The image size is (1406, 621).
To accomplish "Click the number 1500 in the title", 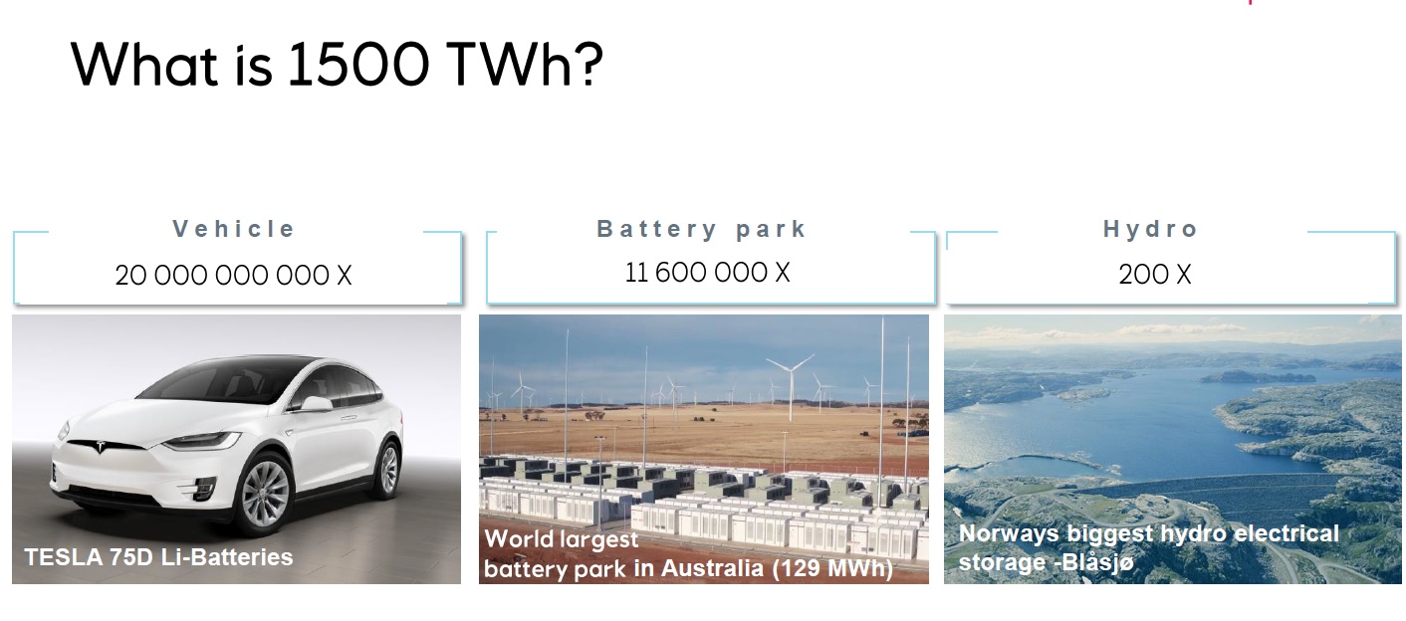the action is click(x=358, y=64).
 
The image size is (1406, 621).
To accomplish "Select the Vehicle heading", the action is click(x=234, y=229).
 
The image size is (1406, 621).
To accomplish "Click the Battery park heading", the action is click(x=701, y=230).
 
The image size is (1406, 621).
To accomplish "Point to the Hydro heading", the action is click(x=1150, y=229).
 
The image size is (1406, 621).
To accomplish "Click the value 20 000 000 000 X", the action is click(x=233, y=275).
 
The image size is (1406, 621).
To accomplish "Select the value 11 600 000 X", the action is click(x=707, y=273).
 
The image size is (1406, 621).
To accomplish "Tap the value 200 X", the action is click(x=1155, y=274).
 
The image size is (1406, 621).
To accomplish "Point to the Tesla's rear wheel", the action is click(x=388, y=469).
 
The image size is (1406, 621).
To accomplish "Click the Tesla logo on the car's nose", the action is click(x=100, y=446).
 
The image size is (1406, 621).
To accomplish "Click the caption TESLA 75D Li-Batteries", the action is click(x=158, y=557).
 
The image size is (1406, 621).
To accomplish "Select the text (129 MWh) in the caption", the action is click(x=832, y=568).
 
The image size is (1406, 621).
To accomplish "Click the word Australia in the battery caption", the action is click(x=712, y=567).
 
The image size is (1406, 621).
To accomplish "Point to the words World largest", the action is click(x=562, y=538).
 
